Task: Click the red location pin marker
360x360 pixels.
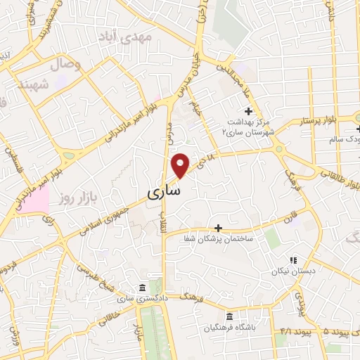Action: pyautogui.click(x=180, y=165)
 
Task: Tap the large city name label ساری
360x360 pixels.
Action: pyautogui.click(x=166, y=191)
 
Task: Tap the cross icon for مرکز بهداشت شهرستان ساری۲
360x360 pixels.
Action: pyautogui.click(x=247, y=110)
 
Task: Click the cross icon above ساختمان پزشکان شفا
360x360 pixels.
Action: pyautogui.click(x=218, y=228)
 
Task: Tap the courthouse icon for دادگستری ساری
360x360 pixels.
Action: pyautogui.click(x=143, y=288)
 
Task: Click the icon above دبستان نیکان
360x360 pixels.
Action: pyautogui.click(x=293, y=259)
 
